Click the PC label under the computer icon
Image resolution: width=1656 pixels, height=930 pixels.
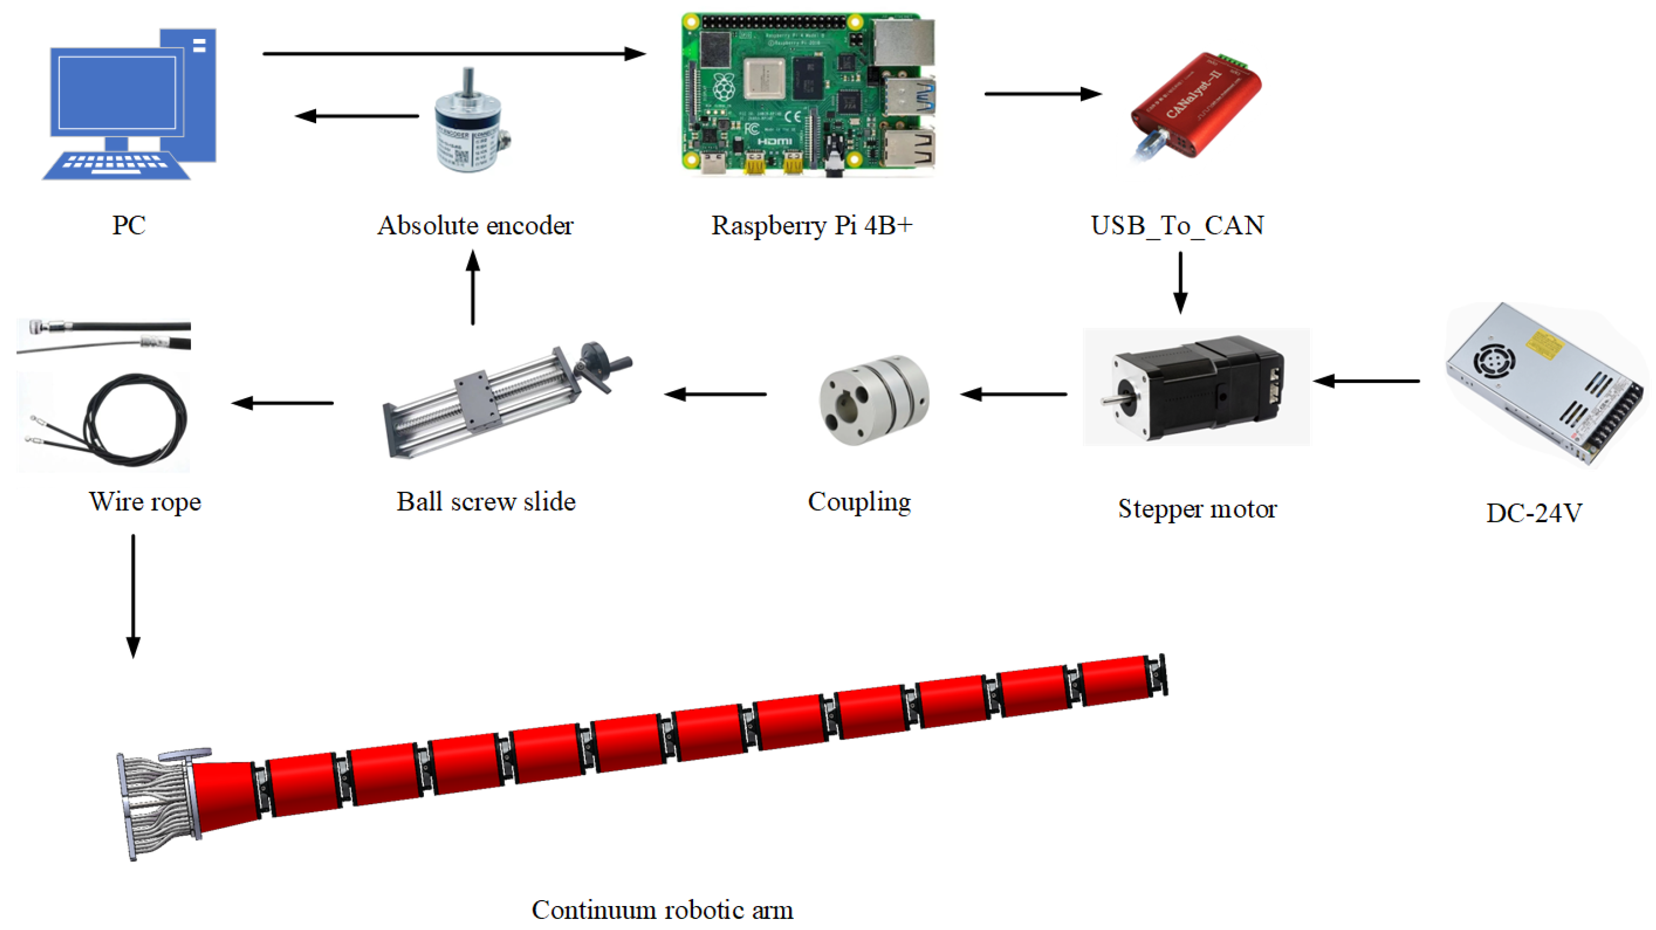point(128,225)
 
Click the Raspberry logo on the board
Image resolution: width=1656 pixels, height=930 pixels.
point(724,87)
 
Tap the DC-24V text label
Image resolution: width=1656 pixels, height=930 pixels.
point(1534,513)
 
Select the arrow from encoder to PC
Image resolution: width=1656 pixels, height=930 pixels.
point(357,116)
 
